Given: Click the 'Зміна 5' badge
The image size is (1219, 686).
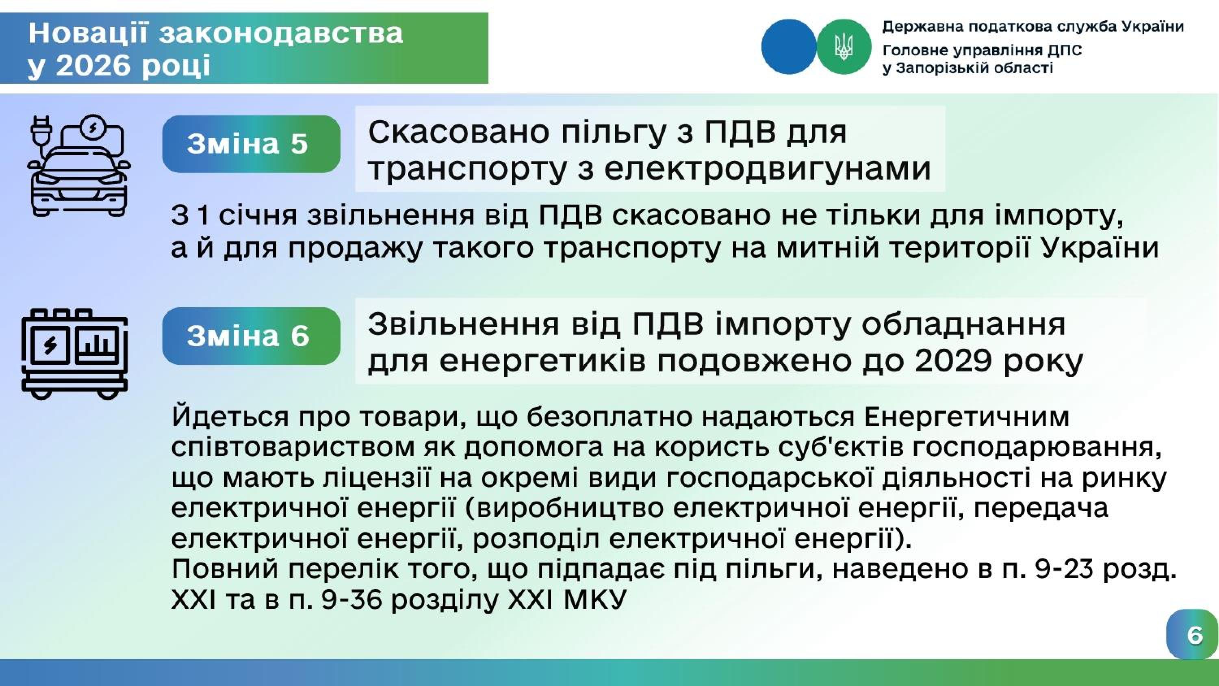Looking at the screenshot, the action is point(251,144).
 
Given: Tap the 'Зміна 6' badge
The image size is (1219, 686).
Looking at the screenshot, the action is point(251,336).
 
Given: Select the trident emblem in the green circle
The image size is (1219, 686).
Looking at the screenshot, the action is point(843,47).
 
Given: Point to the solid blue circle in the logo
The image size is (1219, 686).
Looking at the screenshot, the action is point(789,46).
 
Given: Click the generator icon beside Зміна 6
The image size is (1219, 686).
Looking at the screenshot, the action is point(75,354).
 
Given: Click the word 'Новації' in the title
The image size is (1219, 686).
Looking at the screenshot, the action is point(89,33).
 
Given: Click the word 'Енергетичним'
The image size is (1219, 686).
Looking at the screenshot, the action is point(967,417).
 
